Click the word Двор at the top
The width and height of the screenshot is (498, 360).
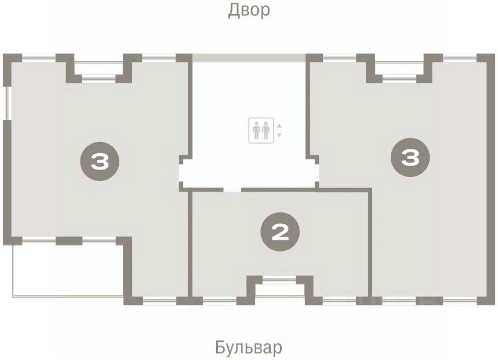coord(249,10)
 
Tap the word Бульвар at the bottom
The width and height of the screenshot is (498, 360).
coord(248,347)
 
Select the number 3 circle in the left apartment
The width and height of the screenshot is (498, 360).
coord(100,161)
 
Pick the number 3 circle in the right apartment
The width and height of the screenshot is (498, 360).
coord(410,158)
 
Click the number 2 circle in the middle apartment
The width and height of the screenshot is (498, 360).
coord(280,232)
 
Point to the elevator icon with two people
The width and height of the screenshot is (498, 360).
coord(261,130)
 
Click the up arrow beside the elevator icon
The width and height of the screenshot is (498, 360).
coord(279,126)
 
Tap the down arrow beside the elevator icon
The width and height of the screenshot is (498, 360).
coord(279,135)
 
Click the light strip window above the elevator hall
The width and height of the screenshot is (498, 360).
coord(249,58)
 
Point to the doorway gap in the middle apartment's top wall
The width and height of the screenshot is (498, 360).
coord(233,190)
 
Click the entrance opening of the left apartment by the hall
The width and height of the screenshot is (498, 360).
coord(181,173)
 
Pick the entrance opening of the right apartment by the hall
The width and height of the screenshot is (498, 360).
coord(316,173)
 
